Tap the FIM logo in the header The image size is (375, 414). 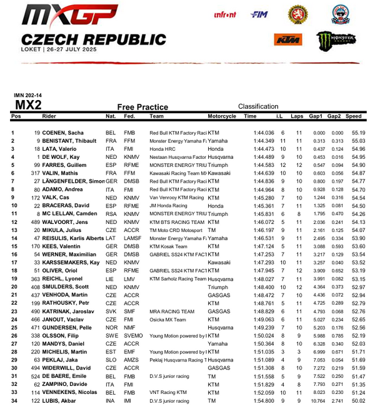click(259, 14)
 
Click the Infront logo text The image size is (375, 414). click(224, 14)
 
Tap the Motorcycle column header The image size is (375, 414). click(221, 116)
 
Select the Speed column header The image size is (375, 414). click(353, 116)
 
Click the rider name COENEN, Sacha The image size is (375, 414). click(63, 133)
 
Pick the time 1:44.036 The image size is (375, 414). click(264, 133)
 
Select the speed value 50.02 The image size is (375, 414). click(358, 401)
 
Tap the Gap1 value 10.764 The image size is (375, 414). click(317, 401)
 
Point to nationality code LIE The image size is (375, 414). click(110, 279)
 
